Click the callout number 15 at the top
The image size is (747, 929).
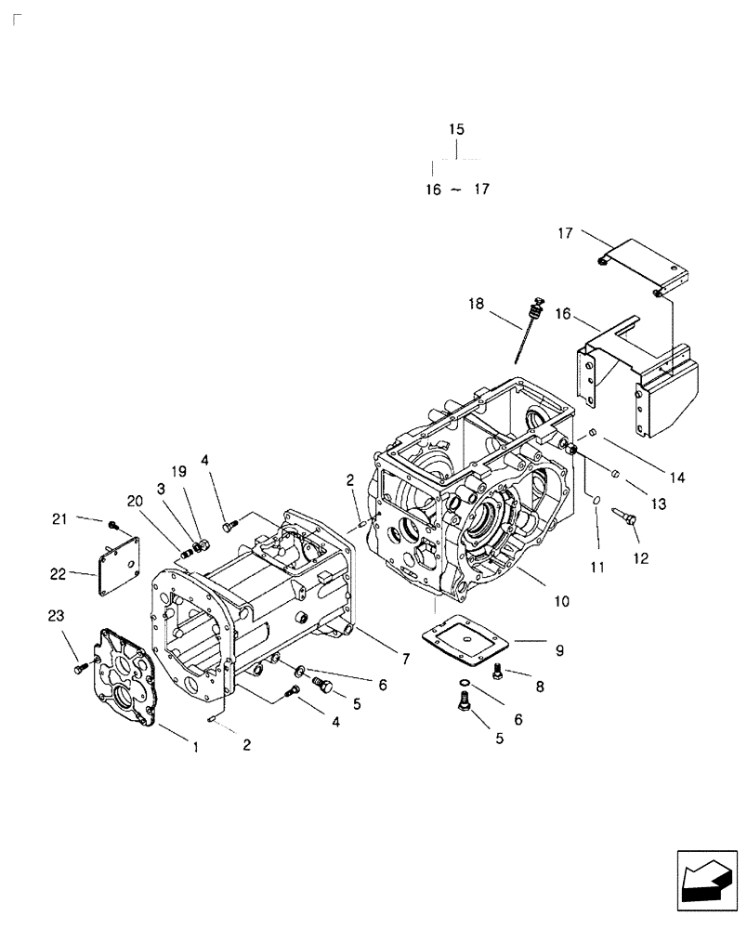click(x=456, y=130)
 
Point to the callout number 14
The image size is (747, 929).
click(x=676, y=478)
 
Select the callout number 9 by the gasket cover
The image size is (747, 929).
click(x=559, y=651)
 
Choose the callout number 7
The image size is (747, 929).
click(x=405, y=659)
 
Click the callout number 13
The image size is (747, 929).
click(x=658, y=504)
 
